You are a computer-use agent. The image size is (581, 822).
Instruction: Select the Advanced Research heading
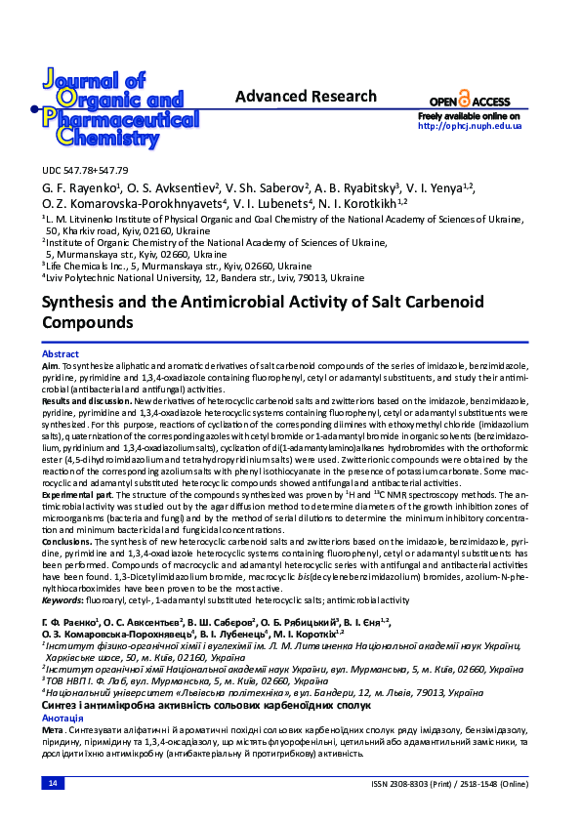(306, 97)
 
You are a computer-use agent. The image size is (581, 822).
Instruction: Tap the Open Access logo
(470, 101)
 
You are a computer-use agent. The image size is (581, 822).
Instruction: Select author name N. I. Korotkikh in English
(370, 203)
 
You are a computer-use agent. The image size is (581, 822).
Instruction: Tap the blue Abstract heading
(61, 353)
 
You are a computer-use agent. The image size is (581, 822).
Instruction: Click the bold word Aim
(50, 364)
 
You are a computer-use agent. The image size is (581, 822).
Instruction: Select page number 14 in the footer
(53, 784)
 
